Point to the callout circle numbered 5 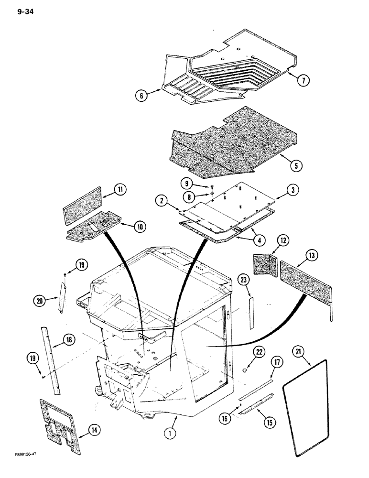point(296,166)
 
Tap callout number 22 point(259,353)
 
